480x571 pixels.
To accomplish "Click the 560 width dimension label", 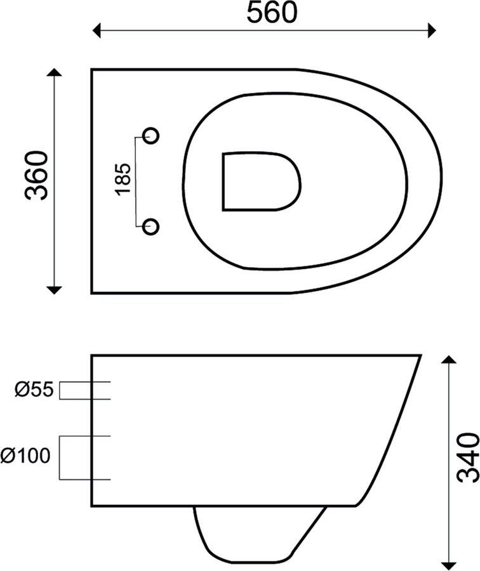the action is click(x=272, y=13).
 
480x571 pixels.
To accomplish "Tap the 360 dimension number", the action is click(x=36, y=176).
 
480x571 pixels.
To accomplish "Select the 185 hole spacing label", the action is click(x=123, y=180).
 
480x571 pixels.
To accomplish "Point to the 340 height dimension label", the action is click(x=468, y=457).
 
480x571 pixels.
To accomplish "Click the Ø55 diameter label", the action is click(x=34, y=390).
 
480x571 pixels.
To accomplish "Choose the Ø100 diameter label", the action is click(x=25, y=456).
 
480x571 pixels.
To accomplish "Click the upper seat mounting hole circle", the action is click(x=150, y=136).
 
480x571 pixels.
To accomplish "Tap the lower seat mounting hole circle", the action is click(x=150, y=226).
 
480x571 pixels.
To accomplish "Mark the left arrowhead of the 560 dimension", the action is click(x=97, y=30).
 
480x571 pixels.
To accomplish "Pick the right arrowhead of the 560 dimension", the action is click(x=432, y=30).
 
